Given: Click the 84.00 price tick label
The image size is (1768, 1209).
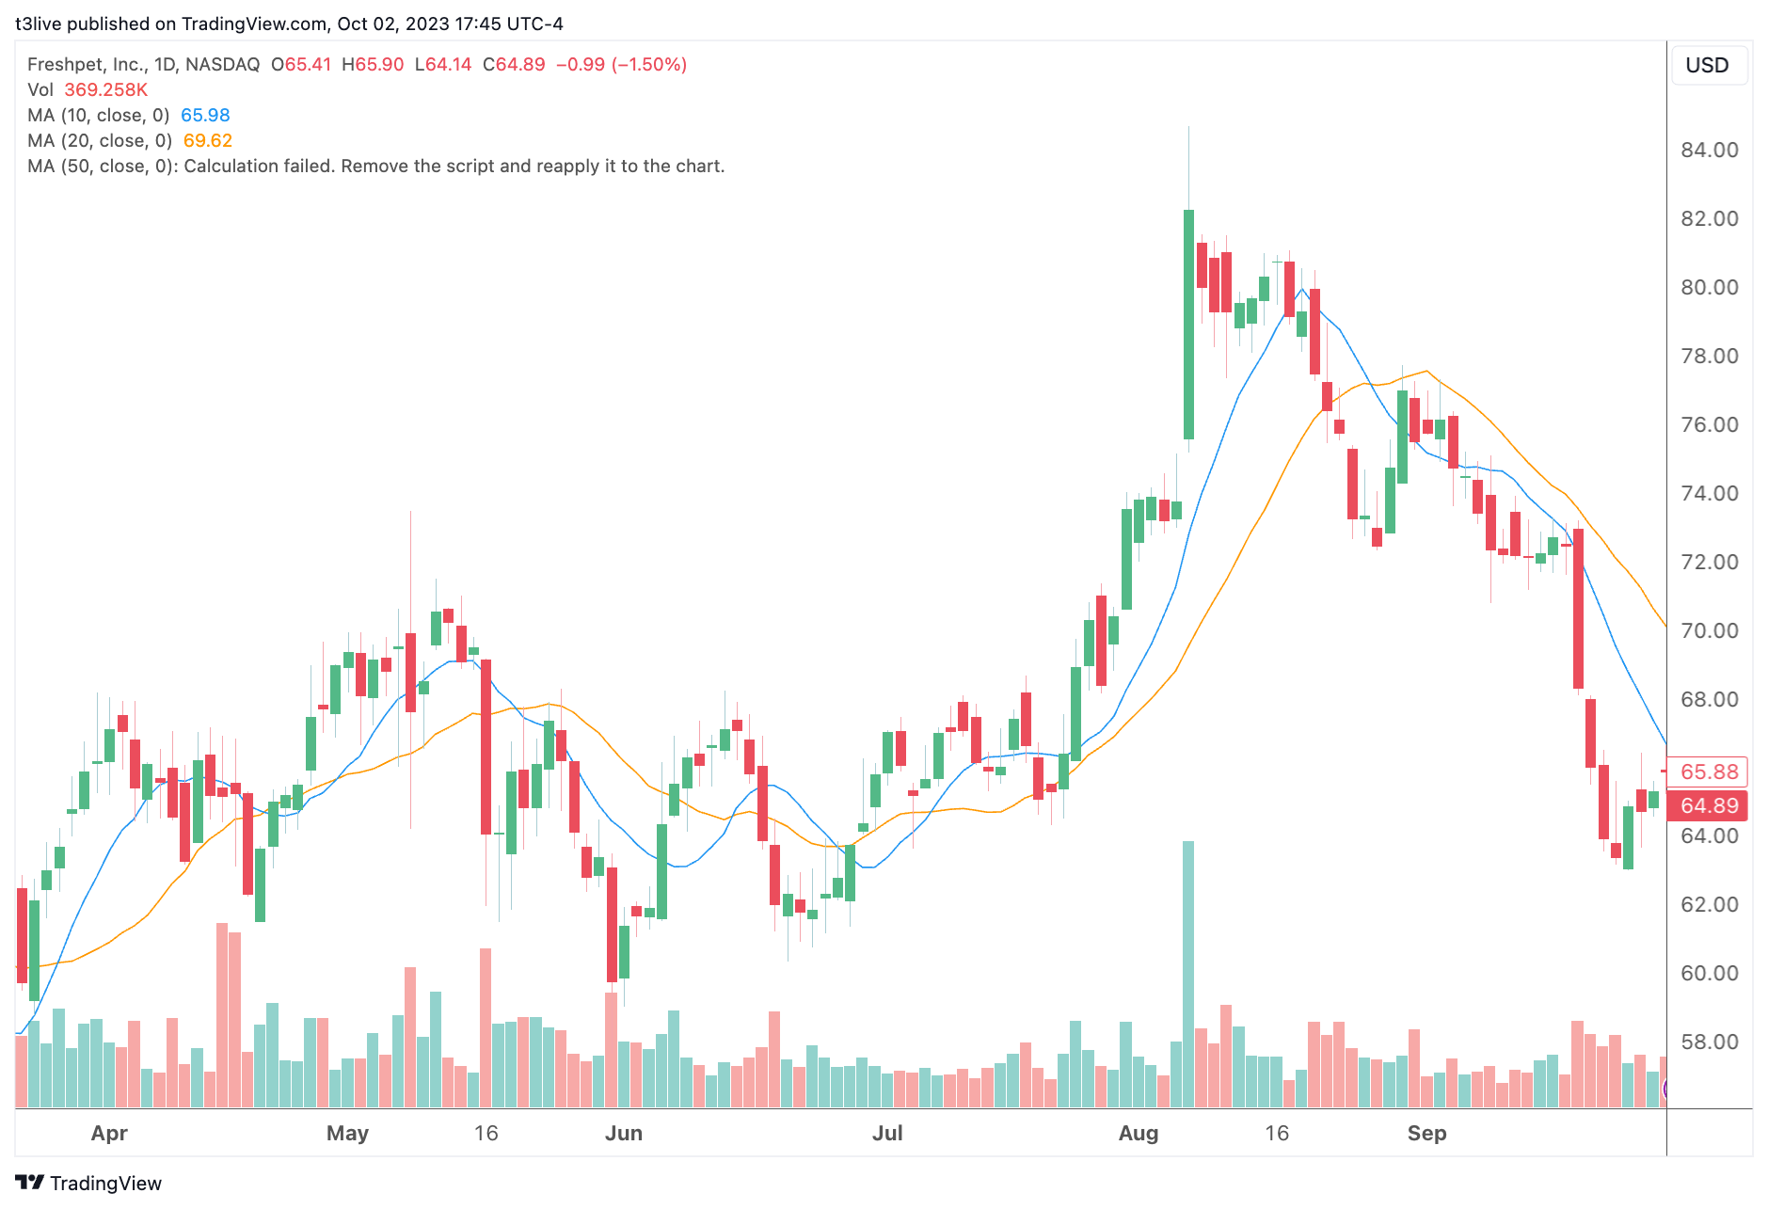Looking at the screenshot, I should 1709,150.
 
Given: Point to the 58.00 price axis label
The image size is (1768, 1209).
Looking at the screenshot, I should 1709,1042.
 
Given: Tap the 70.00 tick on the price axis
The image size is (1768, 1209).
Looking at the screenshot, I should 1709,630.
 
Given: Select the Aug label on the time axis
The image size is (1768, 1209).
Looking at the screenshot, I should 1138,1133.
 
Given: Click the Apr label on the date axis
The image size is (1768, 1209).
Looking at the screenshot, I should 109,1133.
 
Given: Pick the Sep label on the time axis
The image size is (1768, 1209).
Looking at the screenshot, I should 1426,1133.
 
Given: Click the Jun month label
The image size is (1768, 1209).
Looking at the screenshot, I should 624,1133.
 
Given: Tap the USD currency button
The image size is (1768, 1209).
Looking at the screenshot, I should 1707,65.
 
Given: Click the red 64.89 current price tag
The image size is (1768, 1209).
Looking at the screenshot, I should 1709,805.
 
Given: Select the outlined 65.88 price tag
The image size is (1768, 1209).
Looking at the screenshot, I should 1709,772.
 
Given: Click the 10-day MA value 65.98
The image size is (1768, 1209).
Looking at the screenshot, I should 205,115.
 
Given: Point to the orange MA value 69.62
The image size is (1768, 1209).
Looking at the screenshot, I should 207,140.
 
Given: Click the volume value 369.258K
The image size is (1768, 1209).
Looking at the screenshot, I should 105,89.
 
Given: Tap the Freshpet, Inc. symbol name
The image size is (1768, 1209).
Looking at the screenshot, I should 87,64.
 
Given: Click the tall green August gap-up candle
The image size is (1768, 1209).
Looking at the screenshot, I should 1188,325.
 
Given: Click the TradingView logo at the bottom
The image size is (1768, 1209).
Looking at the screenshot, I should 88,1183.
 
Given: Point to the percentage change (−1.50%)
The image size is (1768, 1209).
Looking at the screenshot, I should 649,64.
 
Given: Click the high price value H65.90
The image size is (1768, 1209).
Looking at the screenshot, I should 373,64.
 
